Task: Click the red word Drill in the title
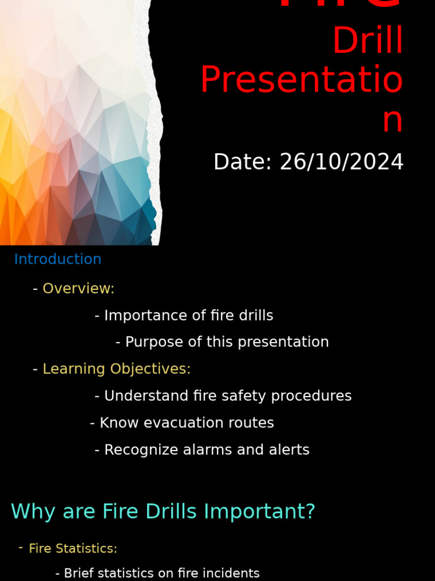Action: (368, 41)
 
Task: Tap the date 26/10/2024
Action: (342, 162)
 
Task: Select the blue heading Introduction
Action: (58, 259)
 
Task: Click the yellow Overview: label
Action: (78, 289)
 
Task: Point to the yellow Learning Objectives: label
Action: (117, 369)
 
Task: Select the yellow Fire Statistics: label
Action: (73, 549)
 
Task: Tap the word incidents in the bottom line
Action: (233, 574)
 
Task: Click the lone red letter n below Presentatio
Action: (392, 120)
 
